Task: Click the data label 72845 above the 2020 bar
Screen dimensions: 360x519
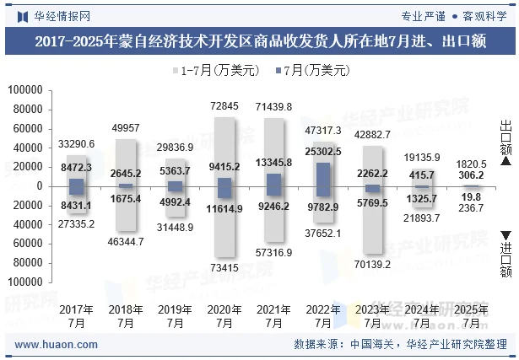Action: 224,106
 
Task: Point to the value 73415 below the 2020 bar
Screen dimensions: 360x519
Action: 224,267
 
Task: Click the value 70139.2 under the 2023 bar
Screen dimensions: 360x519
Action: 372,264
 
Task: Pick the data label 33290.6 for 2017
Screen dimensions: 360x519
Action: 77,144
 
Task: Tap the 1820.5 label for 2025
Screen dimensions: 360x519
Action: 471,164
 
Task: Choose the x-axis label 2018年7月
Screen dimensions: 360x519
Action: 126,315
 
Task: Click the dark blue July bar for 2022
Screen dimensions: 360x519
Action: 323,180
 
